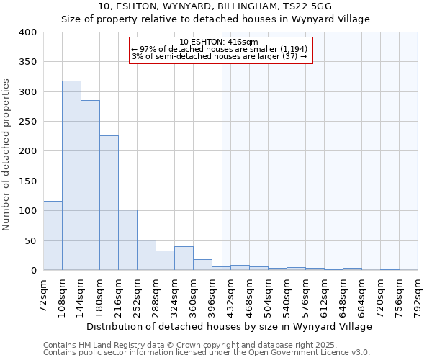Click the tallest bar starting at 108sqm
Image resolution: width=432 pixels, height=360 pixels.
click(x=71, y=176)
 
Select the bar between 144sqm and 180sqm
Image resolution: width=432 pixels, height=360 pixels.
click(x=90, y=185)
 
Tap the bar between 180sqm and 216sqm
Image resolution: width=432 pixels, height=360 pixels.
click(x=109, y=203)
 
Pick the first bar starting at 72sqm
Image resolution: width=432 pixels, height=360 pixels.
click(x=53, y=235)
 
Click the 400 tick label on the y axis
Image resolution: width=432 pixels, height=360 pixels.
click(x=27, y=32)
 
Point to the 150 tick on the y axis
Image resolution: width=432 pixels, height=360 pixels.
click(x=27, y=181)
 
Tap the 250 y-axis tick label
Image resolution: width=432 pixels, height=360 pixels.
click(x=27, y=122)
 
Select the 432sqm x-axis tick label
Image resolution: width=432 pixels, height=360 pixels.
click(x=230, y=295)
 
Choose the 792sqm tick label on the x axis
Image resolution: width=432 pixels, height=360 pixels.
click(x=418, y=295)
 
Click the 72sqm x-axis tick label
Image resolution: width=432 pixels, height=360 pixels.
click(x=43, y=295)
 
